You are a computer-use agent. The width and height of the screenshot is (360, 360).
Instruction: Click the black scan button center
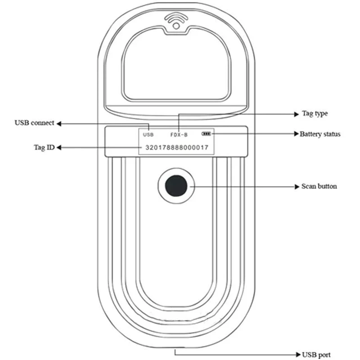(x=176, y=186)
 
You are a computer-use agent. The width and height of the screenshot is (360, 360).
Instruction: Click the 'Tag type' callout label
(x=315, y=114)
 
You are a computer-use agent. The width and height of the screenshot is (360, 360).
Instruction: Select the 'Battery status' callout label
(x=320, y=134)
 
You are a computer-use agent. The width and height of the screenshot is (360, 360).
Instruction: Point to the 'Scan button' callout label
(x=319, y=186)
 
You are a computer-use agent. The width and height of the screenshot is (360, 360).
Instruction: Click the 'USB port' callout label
(x=316, y=355)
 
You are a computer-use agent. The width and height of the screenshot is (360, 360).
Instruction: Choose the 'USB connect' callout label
(x=35, y=123)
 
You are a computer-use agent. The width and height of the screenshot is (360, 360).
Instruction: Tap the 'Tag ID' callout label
(x=44, y=147)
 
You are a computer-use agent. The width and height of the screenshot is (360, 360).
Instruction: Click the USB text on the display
(x=148, y=135)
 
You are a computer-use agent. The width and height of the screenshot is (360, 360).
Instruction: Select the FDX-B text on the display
(x=179, y=135)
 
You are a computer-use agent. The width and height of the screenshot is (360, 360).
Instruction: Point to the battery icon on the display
(x=206, y=134)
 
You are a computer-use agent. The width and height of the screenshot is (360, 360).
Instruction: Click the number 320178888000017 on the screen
(x=177, y=148)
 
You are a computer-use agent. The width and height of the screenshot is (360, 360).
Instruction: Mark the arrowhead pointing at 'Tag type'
(x=297, y=114)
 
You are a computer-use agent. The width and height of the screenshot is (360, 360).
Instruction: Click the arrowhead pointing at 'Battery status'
(x=297, y=134)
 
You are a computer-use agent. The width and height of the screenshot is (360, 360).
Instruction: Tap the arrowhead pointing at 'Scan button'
(x=297, y=187)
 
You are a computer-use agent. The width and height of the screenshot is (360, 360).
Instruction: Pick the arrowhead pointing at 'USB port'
(x=298, y=355)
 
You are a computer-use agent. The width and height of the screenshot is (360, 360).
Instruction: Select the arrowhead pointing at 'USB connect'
(x=59, y=124)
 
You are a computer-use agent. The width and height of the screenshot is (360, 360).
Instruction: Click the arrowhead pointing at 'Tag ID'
(x=59, y=148)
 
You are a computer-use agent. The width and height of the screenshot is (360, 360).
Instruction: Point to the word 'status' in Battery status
(x=331, y=134)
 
